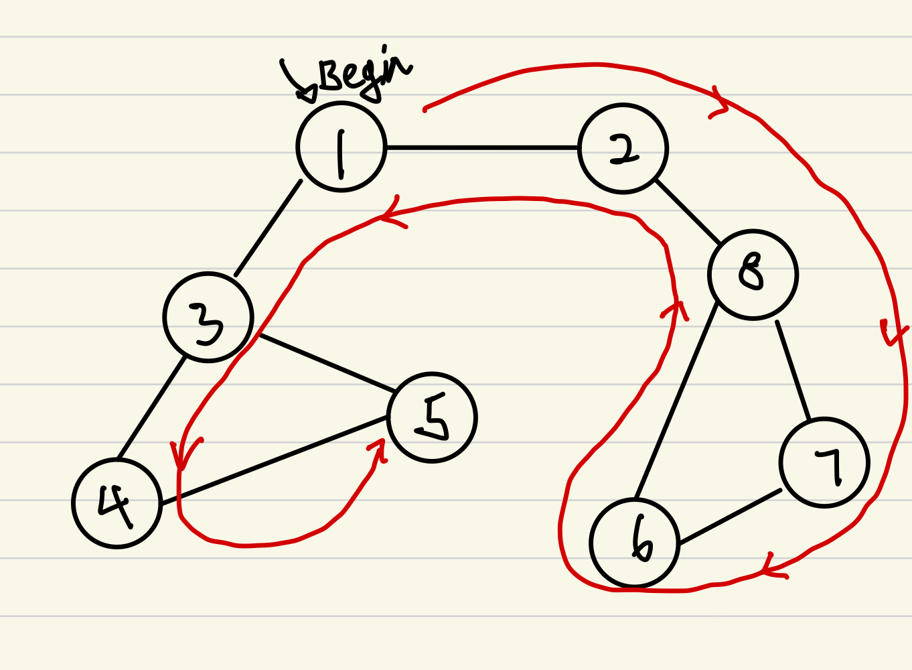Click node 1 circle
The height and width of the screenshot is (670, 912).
pos(341,147)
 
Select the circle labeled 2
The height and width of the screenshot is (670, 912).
pos(623,149)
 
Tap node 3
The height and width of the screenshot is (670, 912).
pos(208,317)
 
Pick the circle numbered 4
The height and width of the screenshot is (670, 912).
pos(117,503)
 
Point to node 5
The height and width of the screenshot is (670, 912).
pos(432,417)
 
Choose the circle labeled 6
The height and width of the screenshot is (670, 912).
pos(635,543)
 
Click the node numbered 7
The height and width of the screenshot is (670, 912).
pos(824,462)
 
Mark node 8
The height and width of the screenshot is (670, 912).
pos(753,275)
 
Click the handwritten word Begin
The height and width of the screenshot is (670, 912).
pos(362,74)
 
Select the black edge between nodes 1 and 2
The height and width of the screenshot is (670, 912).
pos(482,147)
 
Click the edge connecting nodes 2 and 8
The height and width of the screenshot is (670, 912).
pos(688,211)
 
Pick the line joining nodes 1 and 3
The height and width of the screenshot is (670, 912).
pos(268,228)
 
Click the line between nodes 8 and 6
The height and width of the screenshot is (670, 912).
pos(676,401)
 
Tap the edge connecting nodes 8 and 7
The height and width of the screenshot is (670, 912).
pos(793,371)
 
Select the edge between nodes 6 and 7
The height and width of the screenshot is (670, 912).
pos(730,517)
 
